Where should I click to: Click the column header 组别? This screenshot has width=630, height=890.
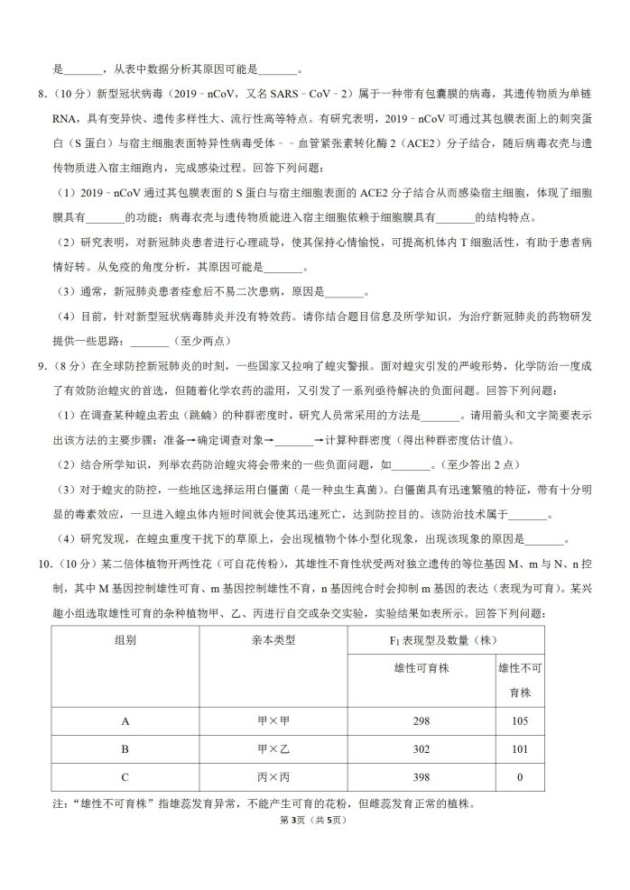125,640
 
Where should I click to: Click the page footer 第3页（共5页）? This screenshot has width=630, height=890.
314,820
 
